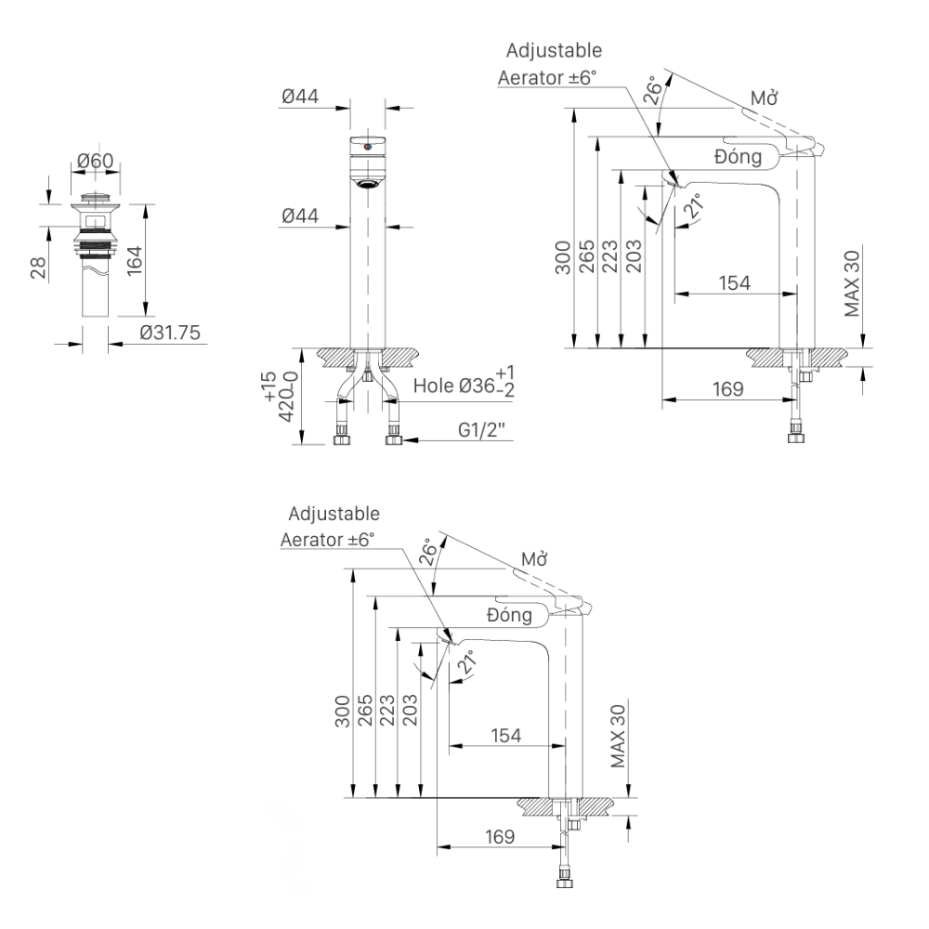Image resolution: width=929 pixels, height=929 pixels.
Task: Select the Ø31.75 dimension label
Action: click(x=170, y=333)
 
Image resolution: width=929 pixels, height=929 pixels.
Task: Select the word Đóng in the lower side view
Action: click(x=508, y=614)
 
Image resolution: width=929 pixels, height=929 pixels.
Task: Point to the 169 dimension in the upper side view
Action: click(x=727, y=389)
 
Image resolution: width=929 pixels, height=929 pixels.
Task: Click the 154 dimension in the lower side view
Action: click(x=507, y=735)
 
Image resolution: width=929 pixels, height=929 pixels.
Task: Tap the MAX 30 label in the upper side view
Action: click(x=853, y=282)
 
